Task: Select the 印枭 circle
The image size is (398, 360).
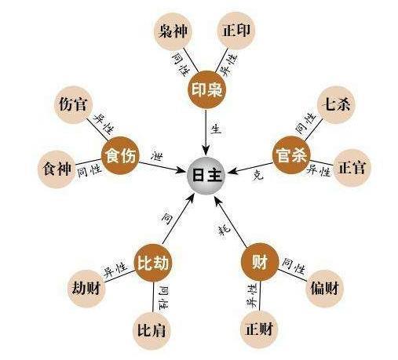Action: (x=206, y=89)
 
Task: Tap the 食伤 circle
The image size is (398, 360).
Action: (x=120, y=155)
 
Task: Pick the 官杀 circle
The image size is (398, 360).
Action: (x=291, y=155)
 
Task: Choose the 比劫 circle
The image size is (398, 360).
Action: (x=153, y=262)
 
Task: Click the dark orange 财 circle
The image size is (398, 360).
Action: (x=260, y=262)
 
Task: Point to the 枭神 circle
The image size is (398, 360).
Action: (x=173, y=31)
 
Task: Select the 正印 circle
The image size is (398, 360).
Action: (x=236, y=31)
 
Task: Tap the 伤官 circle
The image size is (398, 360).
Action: (x=73, y=104)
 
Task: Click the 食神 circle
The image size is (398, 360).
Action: (x=57, y=169)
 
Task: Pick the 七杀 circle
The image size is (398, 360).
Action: (x=336, y=105)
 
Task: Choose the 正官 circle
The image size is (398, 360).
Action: (x=352, y=168)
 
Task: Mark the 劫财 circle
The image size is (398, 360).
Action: (x=86, y=289)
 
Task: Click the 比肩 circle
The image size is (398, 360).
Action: (x=152, y=330)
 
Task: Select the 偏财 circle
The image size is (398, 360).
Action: (x=324, y=289)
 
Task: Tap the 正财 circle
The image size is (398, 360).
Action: (x=259, y=329)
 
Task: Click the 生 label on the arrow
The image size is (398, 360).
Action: (x=217, y=129)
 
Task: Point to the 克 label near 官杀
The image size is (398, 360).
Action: (x=258, y=176)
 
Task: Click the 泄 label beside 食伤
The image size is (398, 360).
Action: (x=157, y=157)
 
